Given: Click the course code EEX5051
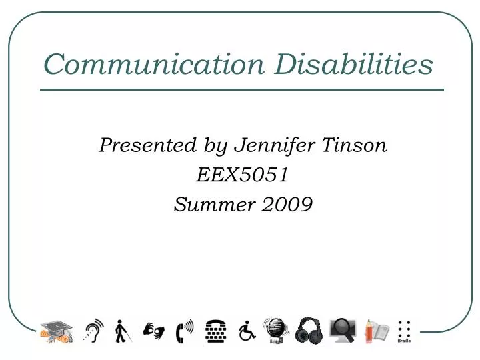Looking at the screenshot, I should point(243,175).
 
